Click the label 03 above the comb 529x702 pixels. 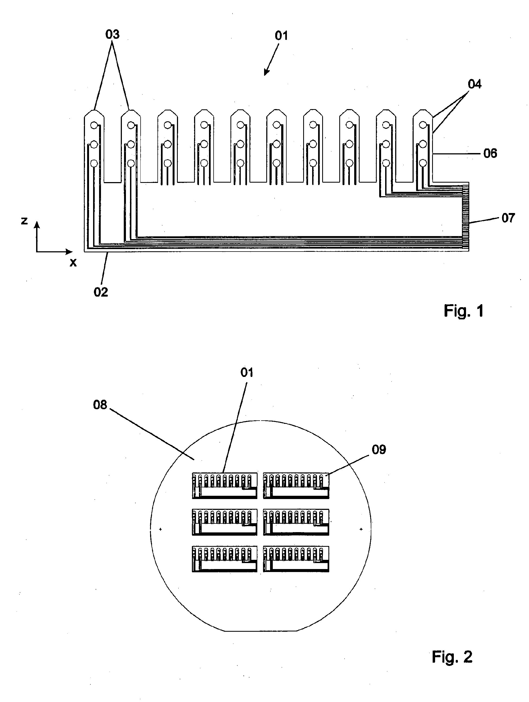tap(112, 34)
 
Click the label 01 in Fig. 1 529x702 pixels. tap(281, 36)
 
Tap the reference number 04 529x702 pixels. tap(474, 84)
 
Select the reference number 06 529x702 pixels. tap(490, 154)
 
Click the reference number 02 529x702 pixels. tap(101, 292)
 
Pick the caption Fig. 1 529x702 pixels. tap(463, 311)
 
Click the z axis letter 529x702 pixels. tap(24, 220)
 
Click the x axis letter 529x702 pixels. tap(73, 262)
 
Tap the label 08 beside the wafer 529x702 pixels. tap(100, 405)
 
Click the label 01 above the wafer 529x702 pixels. tap(247, 372)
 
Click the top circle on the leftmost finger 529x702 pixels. tap(94, 125)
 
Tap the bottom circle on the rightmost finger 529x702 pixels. tap(422, 163)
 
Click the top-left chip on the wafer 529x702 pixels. tap(224, 485)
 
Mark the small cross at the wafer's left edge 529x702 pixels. tap(160, 529)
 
